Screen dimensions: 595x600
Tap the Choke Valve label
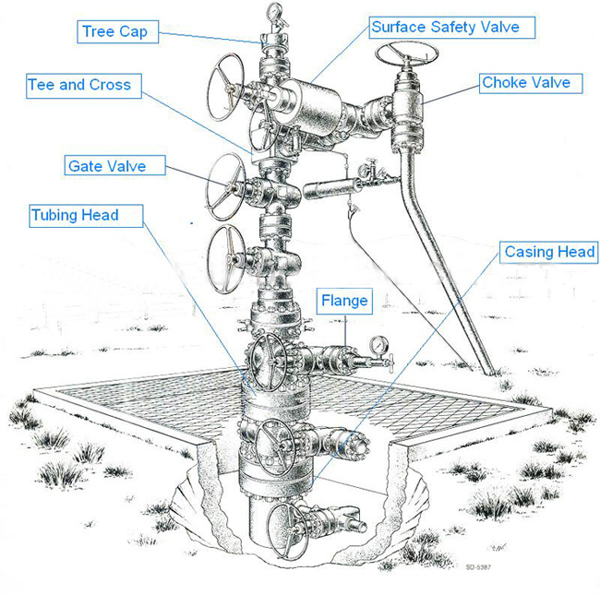(x=525, y=83)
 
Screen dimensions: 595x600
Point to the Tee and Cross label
(x=79, y=85)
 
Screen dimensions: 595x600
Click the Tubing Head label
(x=75, y=216)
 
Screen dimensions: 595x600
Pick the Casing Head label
(x=549, y=252)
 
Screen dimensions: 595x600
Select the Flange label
(x=345, y=301)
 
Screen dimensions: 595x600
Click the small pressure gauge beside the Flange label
(x=378, y=345)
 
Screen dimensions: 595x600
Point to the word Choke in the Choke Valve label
(x=504, y=83)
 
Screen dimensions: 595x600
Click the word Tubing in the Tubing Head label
(x=57, y=216)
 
